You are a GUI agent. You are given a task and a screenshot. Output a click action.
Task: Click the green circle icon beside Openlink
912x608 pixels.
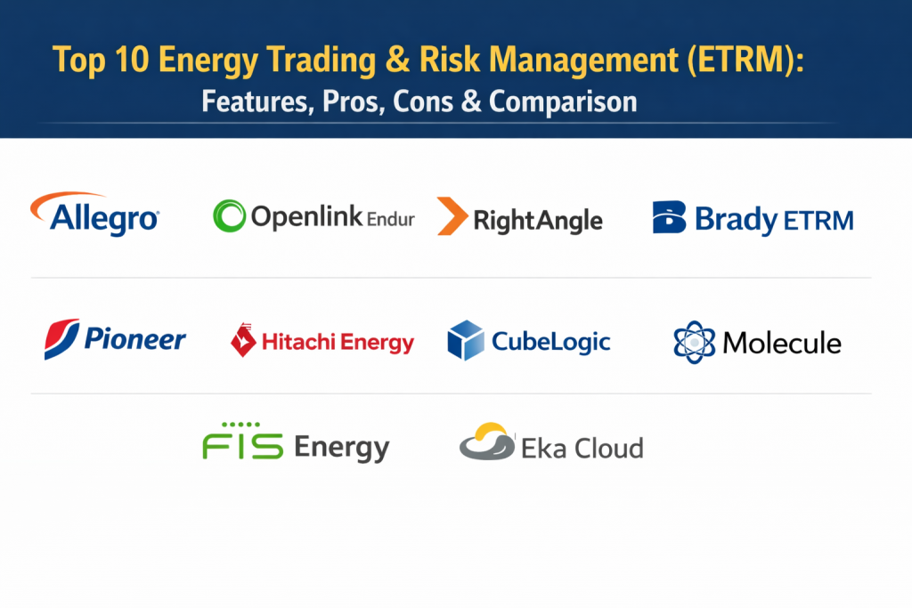229,215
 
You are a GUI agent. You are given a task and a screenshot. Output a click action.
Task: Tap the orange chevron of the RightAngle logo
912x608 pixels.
452,215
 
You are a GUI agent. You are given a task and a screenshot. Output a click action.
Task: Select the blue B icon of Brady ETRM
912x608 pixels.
669,217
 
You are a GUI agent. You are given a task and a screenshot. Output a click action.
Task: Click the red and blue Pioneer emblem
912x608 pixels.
61,339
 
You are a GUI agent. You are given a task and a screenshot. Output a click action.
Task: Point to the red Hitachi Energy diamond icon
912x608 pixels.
243,340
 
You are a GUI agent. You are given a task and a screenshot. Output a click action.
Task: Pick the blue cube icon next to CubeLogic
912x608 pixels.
465,340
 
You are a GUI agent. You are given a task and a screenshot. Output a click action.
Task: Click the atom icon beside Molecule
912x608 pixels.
694,343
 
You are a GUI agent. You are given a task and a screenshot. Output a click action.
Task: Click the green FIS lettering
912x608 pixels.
242,442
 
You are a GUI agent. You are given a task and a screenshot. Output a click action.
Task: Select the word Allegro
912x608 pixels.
104,220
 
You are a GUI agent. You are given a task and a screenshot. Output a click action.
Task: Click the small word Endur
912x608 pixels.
391,219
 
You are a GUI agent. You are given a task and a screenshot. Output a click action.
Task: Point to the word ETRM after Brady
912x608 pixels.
818,221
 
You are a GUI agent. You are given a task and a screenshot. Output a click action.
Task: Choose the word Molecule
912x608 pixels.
782,343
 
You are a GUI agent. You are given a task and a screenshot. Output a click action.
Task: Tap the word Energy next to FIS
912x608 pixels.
341,448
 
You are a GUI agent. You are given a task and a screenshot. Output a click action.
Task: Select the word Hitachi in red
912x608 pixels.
298,342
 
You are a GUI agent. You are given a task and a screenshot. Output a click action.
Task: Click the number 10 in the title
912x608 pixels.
132,60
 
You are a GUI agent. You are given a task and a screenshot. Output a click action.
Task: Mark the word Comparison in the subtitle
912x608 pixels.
563,101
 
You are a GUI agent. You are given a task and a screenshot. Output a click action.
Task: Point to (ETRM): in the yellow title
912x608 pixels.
745,60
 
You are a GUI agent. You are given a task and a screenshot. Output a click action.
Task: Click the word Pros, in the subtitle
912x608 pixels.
354,101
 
